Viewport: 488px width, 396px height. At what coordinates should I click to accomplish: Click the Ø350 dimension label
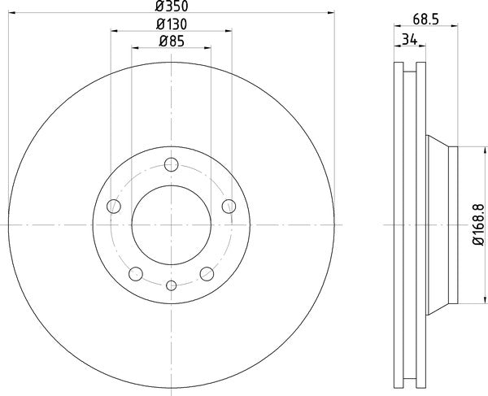point(171,7)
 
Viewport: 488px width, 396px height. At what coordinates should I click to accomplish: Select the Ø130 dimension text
point(171,24)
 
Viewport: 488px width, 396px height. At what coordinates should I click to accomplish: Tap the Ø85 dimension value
point(171,41)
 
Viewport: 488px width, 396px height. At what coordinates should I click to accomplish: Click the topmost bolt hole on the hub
point(171,166)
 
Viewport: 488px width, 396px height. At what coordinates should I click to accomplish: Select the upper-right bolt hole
point(229,205)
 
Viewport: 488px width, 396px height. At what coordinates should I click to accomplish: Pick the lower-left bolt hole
point(136,272)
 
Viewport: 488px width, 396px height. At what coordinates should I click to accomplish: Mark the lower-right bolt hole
point(207,272)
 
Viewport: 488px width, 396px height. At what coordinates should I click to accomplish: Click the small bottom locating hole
point(171,285)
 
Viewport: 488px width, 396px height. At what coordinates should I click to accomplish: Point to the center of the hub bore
point(171,224)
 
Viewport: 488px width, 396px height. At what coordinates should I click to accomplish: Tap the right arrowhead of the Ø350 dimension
point(331,12)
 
